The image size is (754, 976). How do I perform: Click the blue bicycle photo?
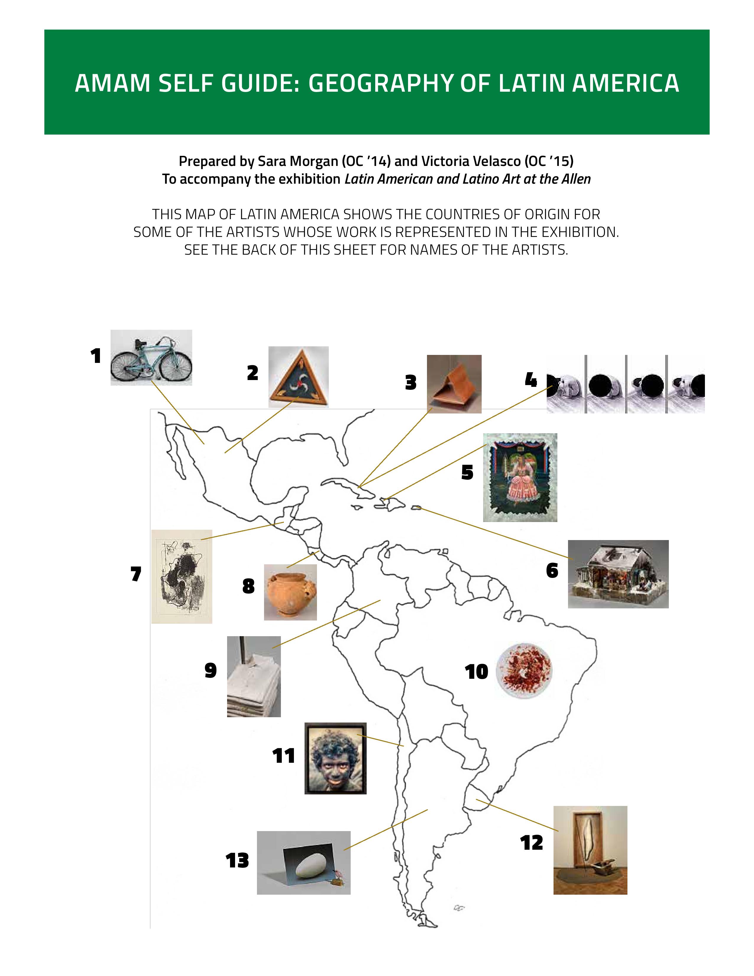[151, 358]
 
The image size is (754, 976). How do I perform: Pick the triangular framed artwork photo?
[298, 377]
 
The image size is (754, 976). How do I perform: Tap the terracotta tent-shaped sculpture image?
[454, 384]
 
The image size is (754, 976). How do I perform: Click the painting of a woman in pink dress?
[520, 477]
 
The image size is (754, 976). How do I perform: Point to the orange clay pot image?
[290, 592]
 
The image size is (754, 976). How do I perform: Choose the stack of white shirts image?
[254, 677]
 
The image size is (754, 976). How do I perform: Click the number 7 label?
[136, 574]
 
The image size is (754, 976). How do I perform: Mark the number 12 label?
[532, 843]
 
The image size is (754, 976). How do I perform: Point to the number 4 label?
[531, 380]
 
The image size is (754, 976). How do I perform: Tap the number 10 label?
[477, 672]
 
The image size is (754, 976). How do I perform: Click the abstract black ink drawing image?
[182, 576]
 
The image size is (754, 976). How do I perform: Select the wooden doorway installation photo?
[590, 850]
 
